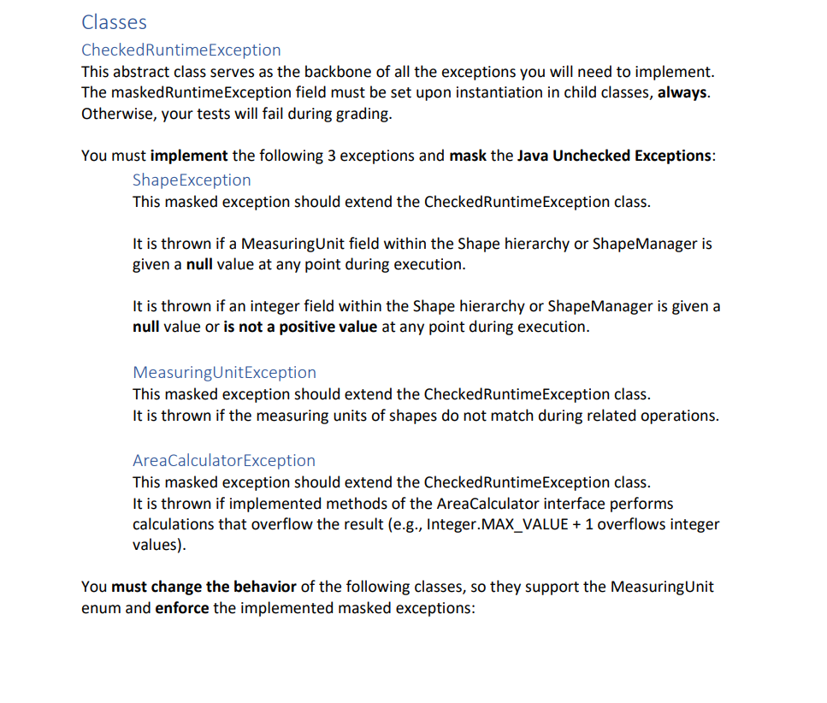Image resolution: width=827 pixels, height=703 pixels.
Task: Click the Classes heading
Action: pyautogui.click(x=114, y=23)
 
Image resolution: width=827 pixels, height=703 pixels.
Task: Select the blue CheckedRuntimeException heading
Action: pyautogui.click(x=180, y=50)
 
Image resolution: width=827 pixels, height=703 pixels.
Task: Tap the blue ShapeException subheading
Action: pyautogui.click(x=192, y=180)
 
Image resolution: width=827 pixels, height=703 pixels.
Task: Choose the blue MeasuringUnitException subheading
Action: pyautogui.click(x=224, y=372)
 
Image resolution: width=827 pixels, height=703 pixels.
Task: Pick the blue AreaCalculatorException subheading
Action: pyautogui.click(x=223, y=460)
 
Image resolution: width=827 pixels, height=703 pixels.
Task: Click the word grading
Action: pyautogui.click(x=360, y=114)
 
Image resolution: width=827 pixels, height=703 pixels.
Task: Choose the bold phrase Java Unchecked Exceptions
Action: pyautogui.click(x=614, y=156)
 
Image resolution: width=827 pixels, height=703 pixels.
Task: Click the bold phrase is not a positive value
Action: pyautogui.click(x=300, y=328)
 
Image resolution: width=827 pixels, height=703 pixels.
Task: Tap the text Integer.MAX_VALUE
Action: pyautogui.click(x=497, y=524)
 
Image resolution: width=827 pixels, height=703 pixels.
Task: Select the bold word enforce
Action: pyautogui.click(x=181, y=608)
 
